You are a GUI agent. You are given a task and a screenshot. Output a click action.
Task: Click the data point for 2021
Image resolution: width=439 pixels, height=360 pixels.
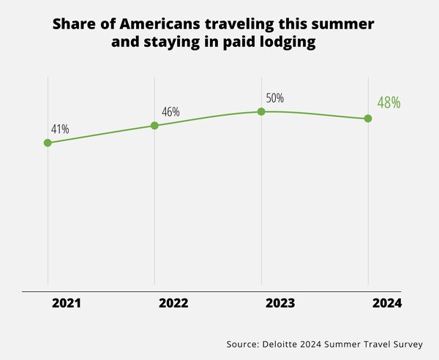48,143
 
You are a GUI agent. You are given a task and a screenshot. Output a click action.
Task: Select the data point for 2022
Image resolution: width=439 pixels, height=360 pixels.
154,125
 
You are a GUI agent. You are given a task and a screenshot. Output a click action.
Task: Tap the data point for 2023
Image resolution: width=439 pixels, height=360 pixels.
261,111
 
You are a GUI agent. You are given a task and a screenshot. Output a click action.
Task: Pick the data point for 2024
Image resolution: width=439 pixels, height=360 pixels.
368,119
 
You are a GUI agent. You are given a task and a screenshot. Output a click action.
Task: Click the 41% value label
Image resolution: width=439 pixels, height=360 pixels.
60,130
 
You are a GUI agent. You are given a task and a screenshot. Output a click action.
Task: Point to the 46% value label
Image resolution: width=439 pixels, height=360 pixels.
170,112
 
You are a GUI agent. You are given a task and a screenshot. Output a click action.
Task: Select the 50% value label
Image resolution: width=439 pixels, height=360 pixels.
274,98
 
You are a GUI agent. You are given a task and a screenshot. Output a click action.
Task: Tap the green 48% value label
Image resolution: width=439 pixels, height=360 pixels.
389,102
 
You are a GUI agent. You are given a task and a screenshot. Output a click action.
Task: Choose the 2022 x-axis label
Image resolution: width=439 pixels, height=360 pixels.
173,302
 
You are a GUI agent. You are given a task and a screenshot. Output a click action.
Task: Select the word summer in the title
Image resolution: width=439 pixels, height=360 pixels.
348,24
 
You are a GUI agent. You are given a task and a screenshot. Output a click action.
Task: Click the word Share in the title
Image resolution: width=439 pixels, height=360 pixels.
72,24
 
